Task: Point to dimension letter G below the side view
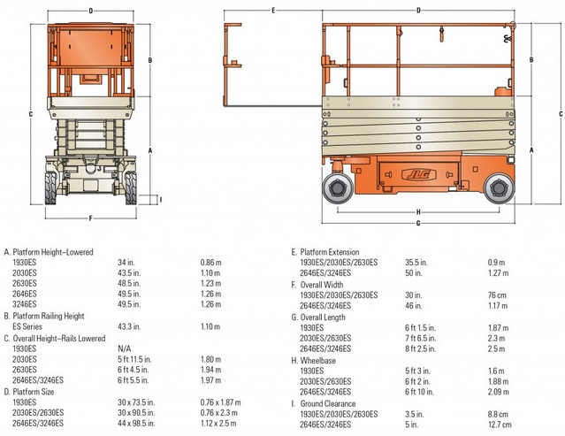coord(417,223)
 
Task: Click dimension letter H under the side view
coord(417,211)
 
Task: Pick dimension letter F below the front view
coord(91,217)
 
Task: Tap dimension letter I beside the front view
coord(160,199)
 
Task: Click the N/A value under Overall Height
coord(125,348)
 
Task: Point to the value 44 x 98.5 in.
coord(138,423)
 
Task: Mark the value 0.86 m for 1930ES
coord(210,263)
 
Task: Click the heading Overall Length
coord(324,317)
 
